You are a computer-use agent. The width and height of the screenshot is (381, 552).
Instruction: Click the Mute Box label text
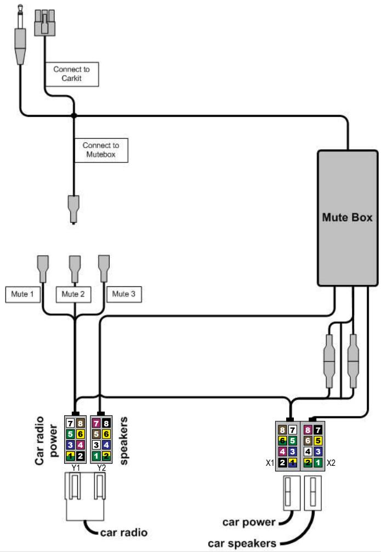click(347, 217)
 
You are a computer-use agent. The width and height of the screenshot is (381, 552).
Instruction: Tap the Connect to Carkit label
click(72, 74)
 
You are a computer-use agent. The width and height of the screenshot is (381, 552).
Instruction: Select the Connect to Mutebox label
click(101, 150)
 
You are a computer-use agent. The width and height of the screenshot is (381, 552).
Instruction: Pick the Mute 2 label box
click(73, 294)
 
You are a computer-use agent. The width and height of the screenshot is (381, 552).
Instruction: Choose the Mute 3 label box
click(124, 294)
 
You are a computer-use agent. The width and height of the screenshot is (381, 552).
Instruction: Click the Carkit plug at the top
click(44, 23)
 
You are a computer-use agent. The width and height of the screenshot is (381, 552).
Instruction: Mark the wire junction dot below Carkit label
click(74, 115)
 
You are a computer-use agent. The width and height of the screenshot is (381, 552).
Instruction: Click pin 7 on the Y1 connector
click(70, 423)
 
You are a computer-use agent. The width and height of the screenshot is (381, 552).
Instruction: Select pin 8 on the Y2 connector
click(106, 423)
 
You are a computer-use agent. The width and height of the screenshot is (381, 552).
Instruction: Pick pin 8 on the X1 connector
click(283, 430)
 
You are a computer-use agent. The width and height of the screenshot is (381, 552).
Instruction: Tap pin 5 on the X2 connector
click(317, 441)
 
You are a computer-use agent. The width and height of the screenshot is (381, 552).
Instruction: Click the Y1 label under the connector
click(76, 468)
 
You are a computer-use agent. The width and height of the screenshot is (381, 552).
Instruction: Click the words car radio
click(123, 532)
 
